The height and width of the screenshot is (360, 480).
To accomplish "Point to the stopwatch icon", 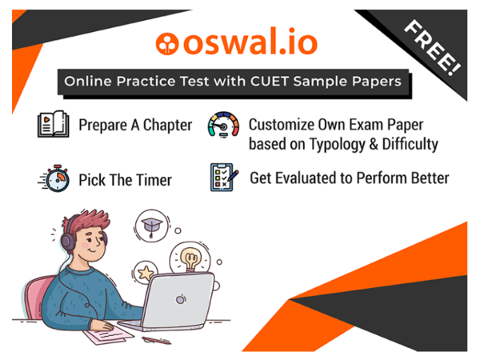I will pos(52,178).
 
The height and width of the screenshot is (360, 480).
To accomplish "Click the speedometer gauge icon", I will pos(222,127).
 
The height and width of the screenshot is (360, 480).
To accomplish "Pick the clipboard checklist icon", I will pos(223,177).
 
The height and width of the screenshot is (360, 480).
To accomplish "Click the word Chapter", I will pos(167,126).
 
